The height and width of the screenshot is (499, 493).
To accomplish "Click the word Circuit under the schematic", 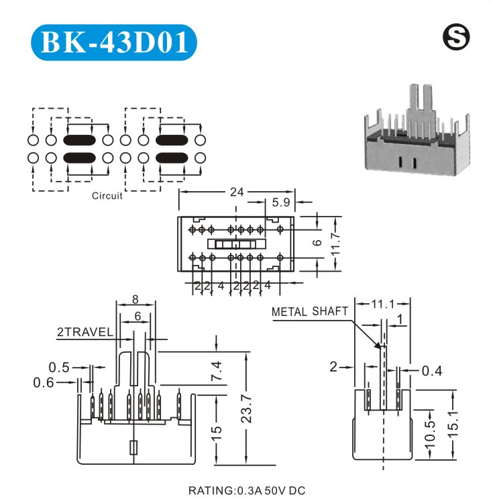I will pos(107,197).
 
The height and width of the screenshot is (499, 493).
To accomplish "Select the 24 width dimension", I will pos(236,192).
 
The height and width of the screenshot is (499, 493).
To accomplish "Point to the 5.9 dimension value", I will pos(281,202).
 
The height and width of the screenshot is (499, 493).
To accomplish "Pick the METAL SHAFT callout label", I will pos(310,311).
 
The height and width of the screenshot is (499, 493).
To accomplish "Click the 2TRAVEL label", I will pos(85,332).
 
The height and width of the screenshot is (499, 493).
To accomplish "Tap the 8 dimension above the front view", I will pos(135,300).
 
